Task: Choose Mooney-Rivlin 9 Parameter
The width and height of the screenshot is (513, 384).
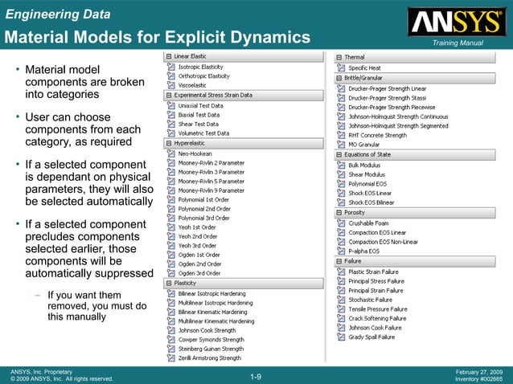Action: coord(211,190)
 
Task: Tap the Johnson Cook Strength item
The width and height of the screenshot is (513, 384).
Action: coord(207,330)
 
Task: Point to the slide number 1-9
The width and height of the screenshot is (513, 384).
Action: coord(256,376)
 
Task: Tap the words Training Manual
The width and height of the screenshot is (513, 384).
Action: coord(455,42)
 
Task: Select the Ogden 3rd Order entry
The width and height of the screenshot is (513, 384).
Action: coord(199,274)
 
